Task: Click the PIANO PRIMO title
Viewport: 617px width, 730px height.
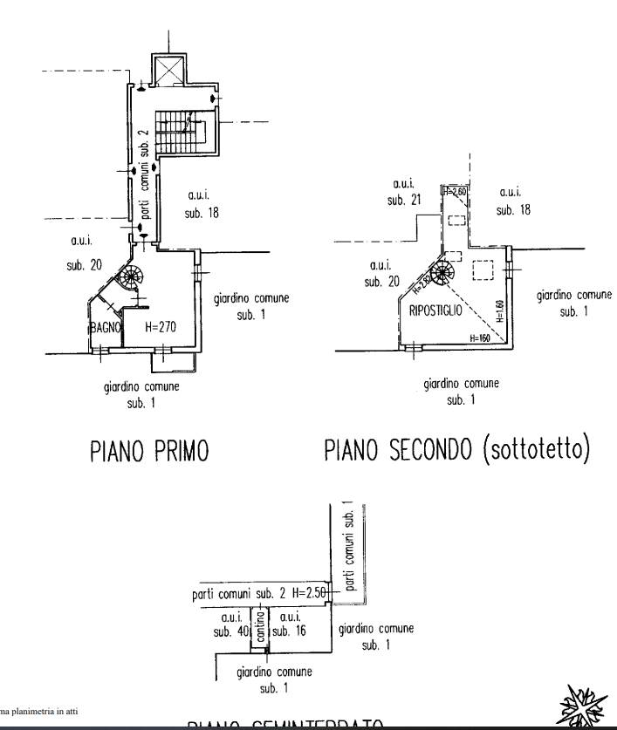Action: (x=149, y=451)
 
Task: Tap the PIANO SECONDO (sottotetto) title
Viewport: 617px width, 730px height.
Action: (x=456, y=450)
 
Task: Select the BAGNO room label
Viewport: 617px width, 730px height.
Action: (x=102, y=328)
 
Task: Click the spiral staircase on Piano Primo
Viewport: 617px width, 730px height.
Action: (x=130, y=279)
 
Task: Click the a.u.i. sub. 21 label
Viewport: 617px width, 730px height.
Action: (x=404, y=192)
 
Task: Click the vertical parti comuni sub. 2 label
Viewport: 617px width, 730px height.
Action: (x=146, y=174)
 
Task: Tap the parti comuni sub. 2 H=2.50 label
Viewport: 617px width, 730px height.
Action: (x=259, y=594)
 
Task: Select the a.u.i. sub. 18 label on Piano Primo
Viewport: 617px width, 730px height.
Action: (x=201, y=203)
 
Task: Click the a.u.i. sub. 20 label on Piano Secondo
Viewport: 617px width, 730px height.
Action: (x=380, y=273)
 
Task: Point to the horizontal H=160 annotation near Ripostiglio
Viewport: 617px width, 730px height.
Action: (x=479, y=338)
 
